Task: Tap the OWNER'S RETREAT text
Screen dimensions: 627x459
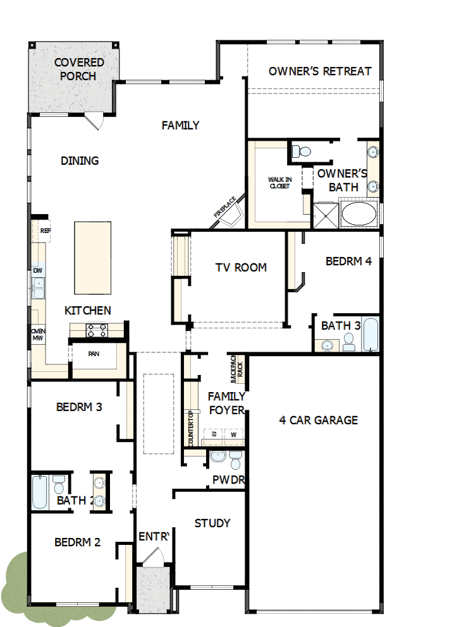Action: (320, 71)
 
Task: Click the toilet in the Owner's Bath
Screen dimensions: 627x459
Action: (302, 152)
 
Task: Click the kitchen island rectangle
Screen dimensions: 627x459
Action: (92, 258)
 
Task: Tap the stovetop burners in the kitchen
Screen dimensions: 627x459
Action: (97, 330)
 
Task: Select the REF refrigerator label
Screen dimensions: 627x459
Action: (44, 231)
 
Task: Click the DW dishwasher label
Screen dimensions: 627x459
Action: (38, 271)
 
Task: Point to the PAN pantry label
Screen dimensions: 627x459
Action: (94, 354)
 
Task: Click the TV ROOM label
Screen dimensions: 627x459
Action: (241, 268)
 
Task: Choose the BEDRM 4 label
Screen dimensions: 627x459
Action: (348, 261)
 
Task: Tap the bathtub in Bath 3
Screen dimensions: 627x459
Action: (370, 335)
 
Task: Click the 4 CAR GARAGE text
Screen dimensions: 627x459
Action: (319, 420)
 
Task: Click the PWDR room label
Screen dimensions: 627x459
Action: (228, 480)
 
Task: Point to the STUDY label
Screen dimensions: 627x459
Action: (212, 523)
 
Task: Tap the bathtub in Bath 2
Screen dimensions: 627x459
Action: (39, 493)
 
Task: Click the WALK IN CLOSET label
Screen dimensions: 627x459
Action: (279, 183)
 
